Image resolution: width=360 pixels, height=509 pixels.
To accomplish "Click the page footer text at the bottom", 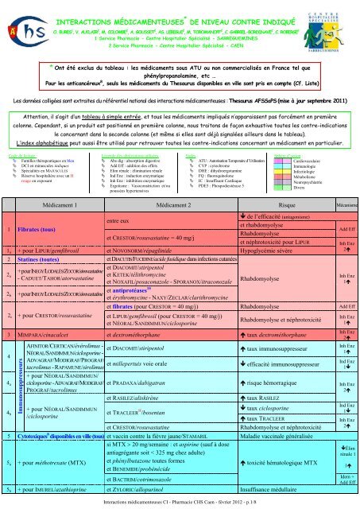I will (x=180, y=504).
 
